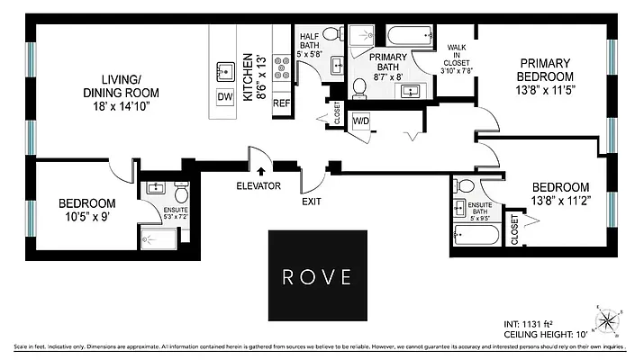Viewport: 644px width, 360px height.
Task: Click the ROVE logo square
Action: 318,275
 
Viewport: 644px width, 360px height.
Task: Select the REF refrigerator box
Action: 280,103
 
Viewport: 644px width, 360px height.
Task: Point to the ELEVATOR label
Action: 259,186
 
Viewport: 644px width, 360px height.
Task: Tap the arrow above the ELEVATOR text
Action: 260,168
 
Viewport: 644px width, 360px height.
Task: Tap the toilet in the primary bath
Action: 358,88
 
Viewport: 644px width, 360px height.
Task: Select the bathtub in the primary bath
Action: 410,36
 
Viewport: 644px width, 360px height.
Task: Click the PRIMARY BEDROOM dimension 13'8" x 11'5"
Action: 546,89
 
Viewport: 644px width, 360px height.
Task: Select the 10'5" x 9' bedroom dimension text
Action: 87,217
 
